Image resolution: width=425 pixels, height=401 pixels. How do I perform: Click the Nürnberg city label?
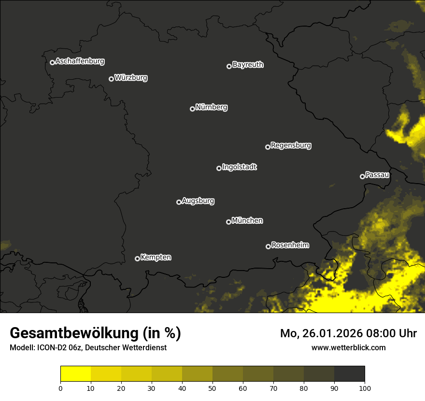tap(211, 107)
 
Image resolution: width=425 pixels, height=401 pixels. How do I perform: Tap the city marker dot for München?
tap(228, 222)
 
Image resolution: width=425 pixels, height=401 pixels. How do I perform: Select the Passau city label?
tap(377, 175)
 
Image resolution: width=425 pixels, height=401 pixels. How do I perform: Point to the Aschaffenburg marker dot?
tap(52, 62)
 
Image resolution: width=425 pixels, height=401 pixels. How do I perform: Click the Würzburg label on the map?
tap(131, 77)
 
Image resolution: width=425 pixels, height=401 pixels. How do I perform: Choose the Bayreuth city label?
tap(248, 65)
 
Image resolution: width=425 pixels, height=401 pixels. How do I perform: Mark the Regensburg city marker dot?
tap(268, 147)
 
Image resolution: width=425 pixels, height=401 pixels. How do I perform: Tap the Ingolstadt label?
tap(239, 167)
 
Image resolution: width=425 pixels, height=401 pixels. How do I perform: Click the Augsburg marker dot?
tap(179, 202)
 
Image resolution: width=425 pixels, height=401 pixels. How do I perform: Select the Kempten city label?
tap(156, 257)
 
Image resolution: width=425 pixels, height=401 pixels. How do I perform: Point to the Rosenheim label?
tap(290, 245)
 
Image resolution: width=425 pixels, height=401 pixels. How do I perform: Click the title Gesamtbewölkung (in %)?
tap(95, 333)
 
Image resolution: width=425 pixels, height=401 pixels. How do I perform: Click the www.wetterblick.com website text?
tap(348, 347)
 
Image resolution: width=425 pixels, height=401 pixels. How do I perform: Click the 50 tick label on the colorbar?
tap(212, 388)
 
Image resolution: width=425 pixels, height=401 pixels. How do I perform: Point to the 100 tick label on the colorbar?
tap(365, 388)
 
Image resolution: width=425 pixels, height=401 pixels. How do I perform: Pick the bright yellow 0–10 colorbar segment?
tap(75, 373)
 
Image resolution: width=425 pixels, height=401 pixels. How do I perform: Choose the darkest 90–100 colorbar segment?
tap(349, 373)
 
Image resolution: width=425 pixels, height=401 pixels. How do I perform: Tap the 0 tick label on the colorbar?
tap(60, 388)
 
